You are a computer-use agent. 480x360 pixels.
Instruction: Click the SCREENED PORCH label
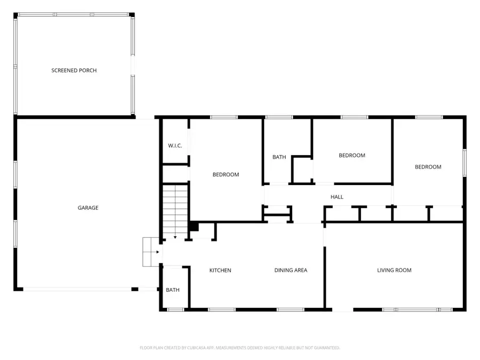click(74, 70)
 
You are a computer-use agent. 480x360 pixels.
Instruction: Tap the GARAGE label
click(88, 208)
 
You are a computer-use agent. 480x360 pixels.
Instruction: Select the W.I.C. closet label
click(175, 146)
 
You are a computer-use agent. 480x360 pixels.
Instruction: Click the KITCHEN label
click(220, 270)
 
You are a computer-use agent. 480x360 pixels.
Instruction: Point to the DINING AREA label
click(291, 270)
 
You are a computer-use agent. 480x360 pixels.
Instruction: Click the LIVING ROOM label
click(394, 270)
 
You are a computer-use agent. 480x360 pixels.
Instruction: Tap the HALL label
click(337, 197)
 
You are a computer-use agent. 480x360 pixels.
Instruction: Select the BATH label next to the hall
click(279, 157)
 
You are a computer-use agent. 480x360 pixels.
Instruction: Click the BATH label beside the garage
click(172, 290)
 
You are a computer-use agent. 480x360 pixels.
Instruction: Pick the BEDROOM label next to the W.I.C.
click(226, 174)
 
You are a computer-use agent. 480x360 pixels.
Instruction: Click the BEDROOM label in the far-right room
click(428, 167)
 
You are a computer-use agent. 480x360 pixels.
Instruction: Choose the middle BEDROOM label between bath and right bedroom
click(352, 156)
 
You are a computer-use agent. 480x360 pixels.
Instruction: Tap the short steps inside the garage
click(151, 252)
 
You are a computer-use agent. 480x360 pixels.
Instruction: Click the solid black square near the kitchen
click(194, 227)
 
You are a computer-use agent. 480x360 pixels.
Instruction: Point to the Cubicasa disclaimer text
click(239, 348)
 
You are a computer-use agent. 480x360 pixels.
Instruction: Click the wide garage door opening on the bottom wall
click(78, 289)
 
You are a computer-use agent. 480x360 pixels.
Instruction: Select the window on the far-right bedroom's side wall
click(464, 162)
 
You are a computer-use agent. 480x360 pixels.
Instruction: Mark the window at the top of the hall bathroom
click(279, 117)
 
